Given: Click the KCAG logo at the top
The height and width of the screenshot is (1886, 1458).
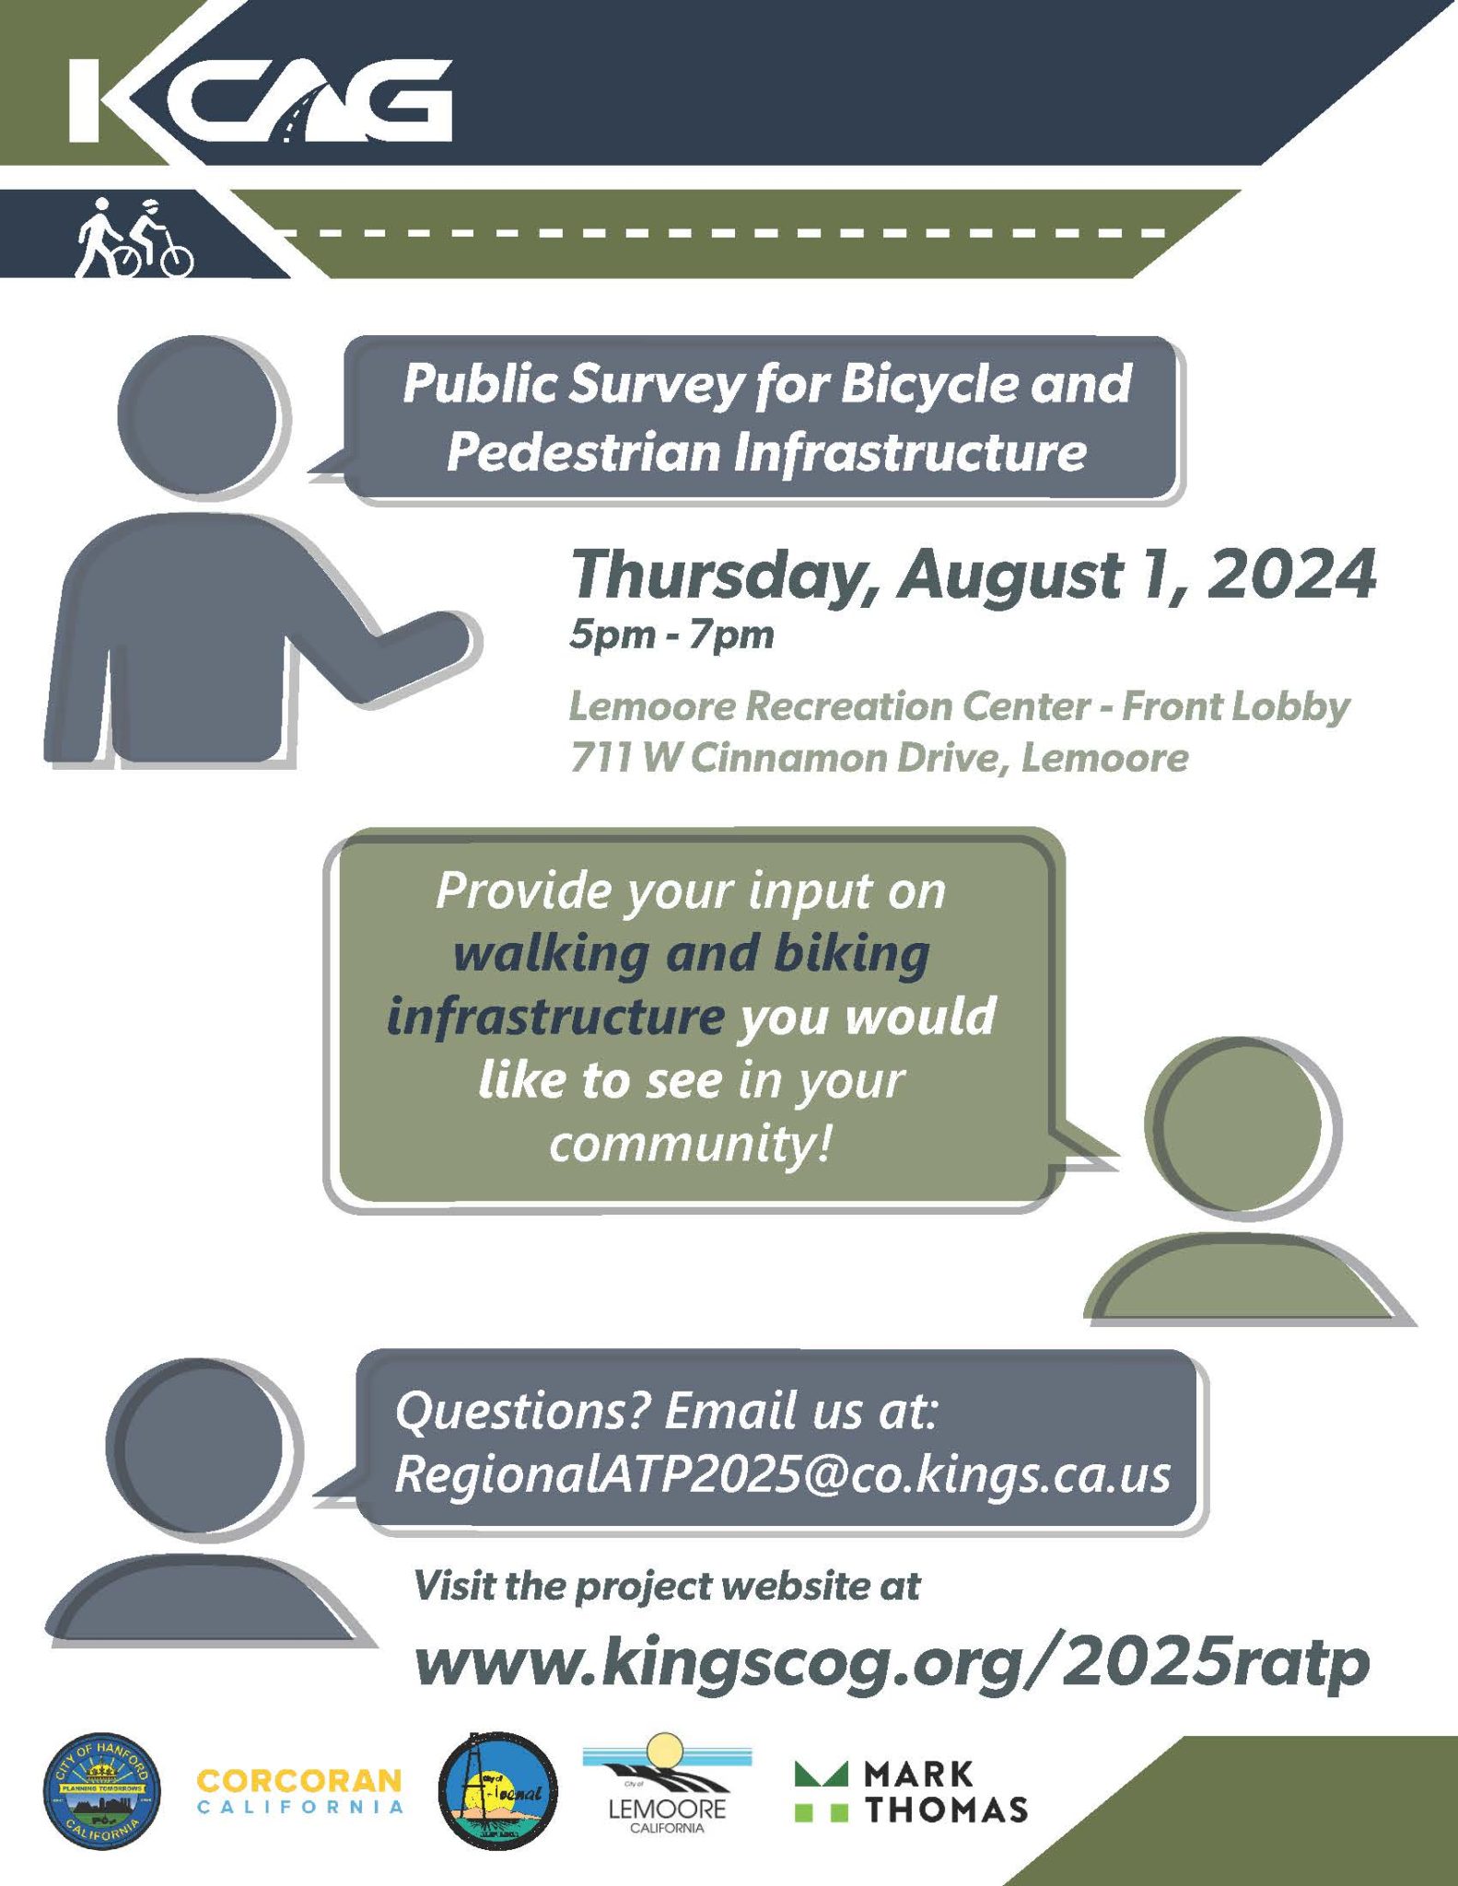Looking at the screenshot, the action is (261, 100).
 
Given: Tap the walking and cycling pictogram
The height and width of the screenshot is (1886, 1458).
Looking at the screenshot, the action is (135, 238).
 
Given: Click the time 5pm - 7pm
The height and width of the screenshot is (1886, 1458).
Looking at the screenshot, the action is (671, 635).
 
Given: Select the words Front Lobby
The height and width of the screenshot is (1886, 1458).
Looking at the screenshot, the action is (1235, 707).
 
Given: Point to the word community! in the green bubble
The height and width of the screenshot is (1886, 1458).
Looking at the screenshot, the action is (690, 1144).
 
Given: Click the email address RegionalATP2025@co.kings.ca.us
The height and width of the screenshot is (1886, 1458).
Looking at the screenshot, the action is (782, 1475).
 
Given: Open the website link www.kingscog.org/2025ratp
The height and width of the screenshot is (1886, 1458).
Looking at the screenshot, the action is (892, 1663).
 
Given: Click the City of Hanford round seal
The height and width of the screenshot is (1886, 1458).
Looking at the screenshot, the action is (102, 1791).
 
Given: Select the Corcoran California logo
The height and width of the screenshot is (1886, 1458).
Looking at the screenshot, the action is (300, 1789).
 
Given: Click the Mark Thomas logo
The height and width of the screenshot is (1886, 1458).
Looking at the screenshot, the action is (911, 1791).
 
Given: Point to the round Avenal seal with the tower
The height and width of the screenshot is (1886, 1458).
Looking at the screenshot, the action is (497, 1790).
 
